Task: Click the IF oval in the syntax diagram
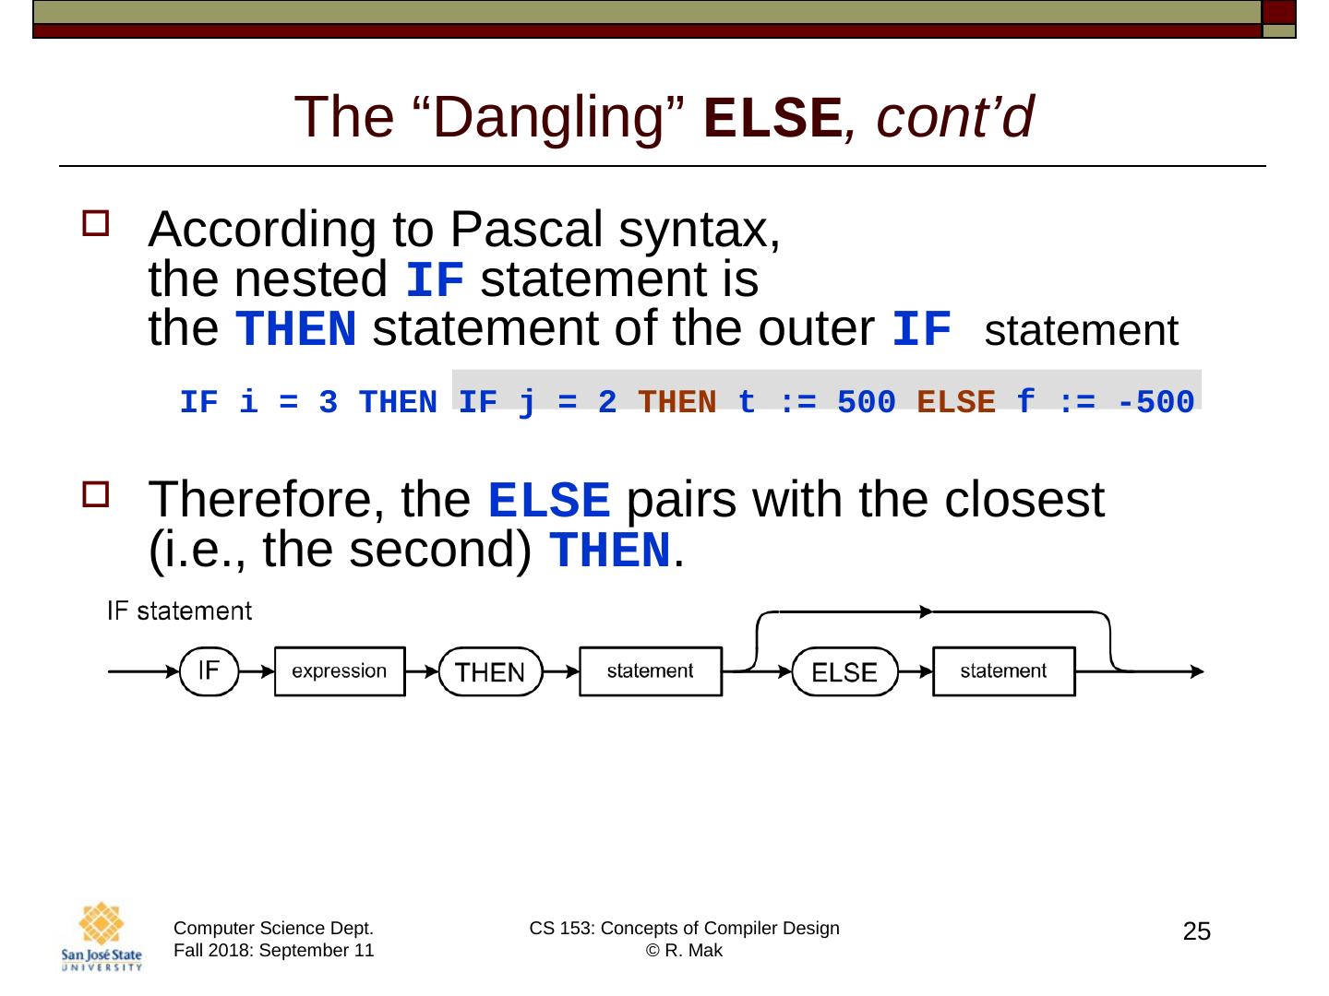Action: [209, 671]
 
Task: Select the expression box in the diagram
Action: [339, 671]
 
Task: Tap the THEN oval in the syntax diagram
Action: [490, 672]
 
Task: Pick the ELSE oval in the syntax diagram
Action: [844, 672]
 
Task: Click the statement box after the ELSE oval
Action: [1003, 671]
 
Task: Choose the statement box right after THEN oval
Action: [650, 671]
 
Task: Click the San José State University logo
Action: [102, 937]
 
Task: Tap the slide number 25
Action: [1196, 932]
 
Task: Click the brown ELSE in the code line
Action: [956, 402]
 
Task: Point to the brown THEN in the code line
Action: [676, 402]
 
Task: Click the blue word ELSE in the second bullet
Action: [548, 501]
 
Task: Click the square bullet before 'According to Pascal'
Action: [95, 223]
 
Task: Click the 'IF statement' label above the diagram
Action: [179, 611]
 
